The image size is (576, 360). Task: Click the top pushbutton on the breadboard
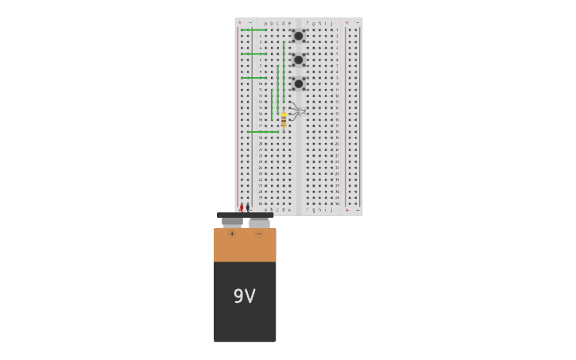point(299,36)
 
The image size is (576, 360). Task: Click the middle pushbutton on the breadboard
point(299,60)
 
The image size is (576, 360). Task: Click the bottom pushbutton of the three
point(299,83)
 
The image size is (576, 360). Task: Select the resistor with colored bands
point(284,120)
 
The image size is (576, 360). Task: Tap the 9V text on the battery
point(244,296)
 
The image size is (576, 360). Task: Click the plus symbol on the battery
point(232,234)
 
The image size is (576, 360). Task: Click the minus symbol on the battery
point(259,234)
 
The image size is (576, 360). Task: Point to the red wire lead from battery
point(242,208)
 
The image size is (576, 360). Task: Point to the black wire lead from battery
point(248,208)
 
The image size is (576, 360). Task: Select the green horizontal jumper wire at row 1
point(253,30)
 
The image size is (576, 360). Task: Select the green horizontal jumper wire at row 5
point(253,54)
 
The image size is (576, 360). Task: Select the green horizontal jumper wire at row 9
point(253,78)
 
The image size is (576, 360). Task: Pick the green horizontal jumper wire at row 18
point(262,132)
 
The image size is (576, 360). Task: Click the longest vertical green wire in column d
point(284,72)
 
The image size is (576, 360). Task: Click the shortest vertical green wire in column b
point(272,104)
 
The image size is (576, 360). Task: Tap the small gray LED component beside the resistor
point(297,111)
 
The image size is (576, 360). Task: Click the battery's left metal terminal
point(232,223)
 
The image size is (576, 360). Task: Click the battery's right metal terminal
point(259,223)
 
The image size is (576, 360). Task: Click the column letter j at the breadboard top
point(331,23)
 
